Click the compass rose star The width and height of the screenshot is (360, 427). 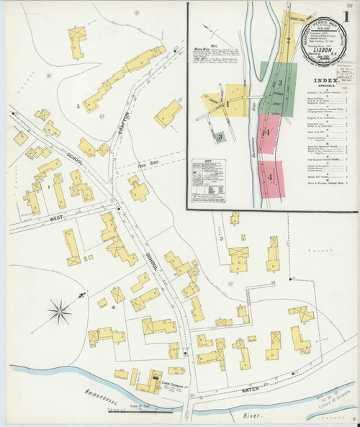(x=60, y=311)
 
